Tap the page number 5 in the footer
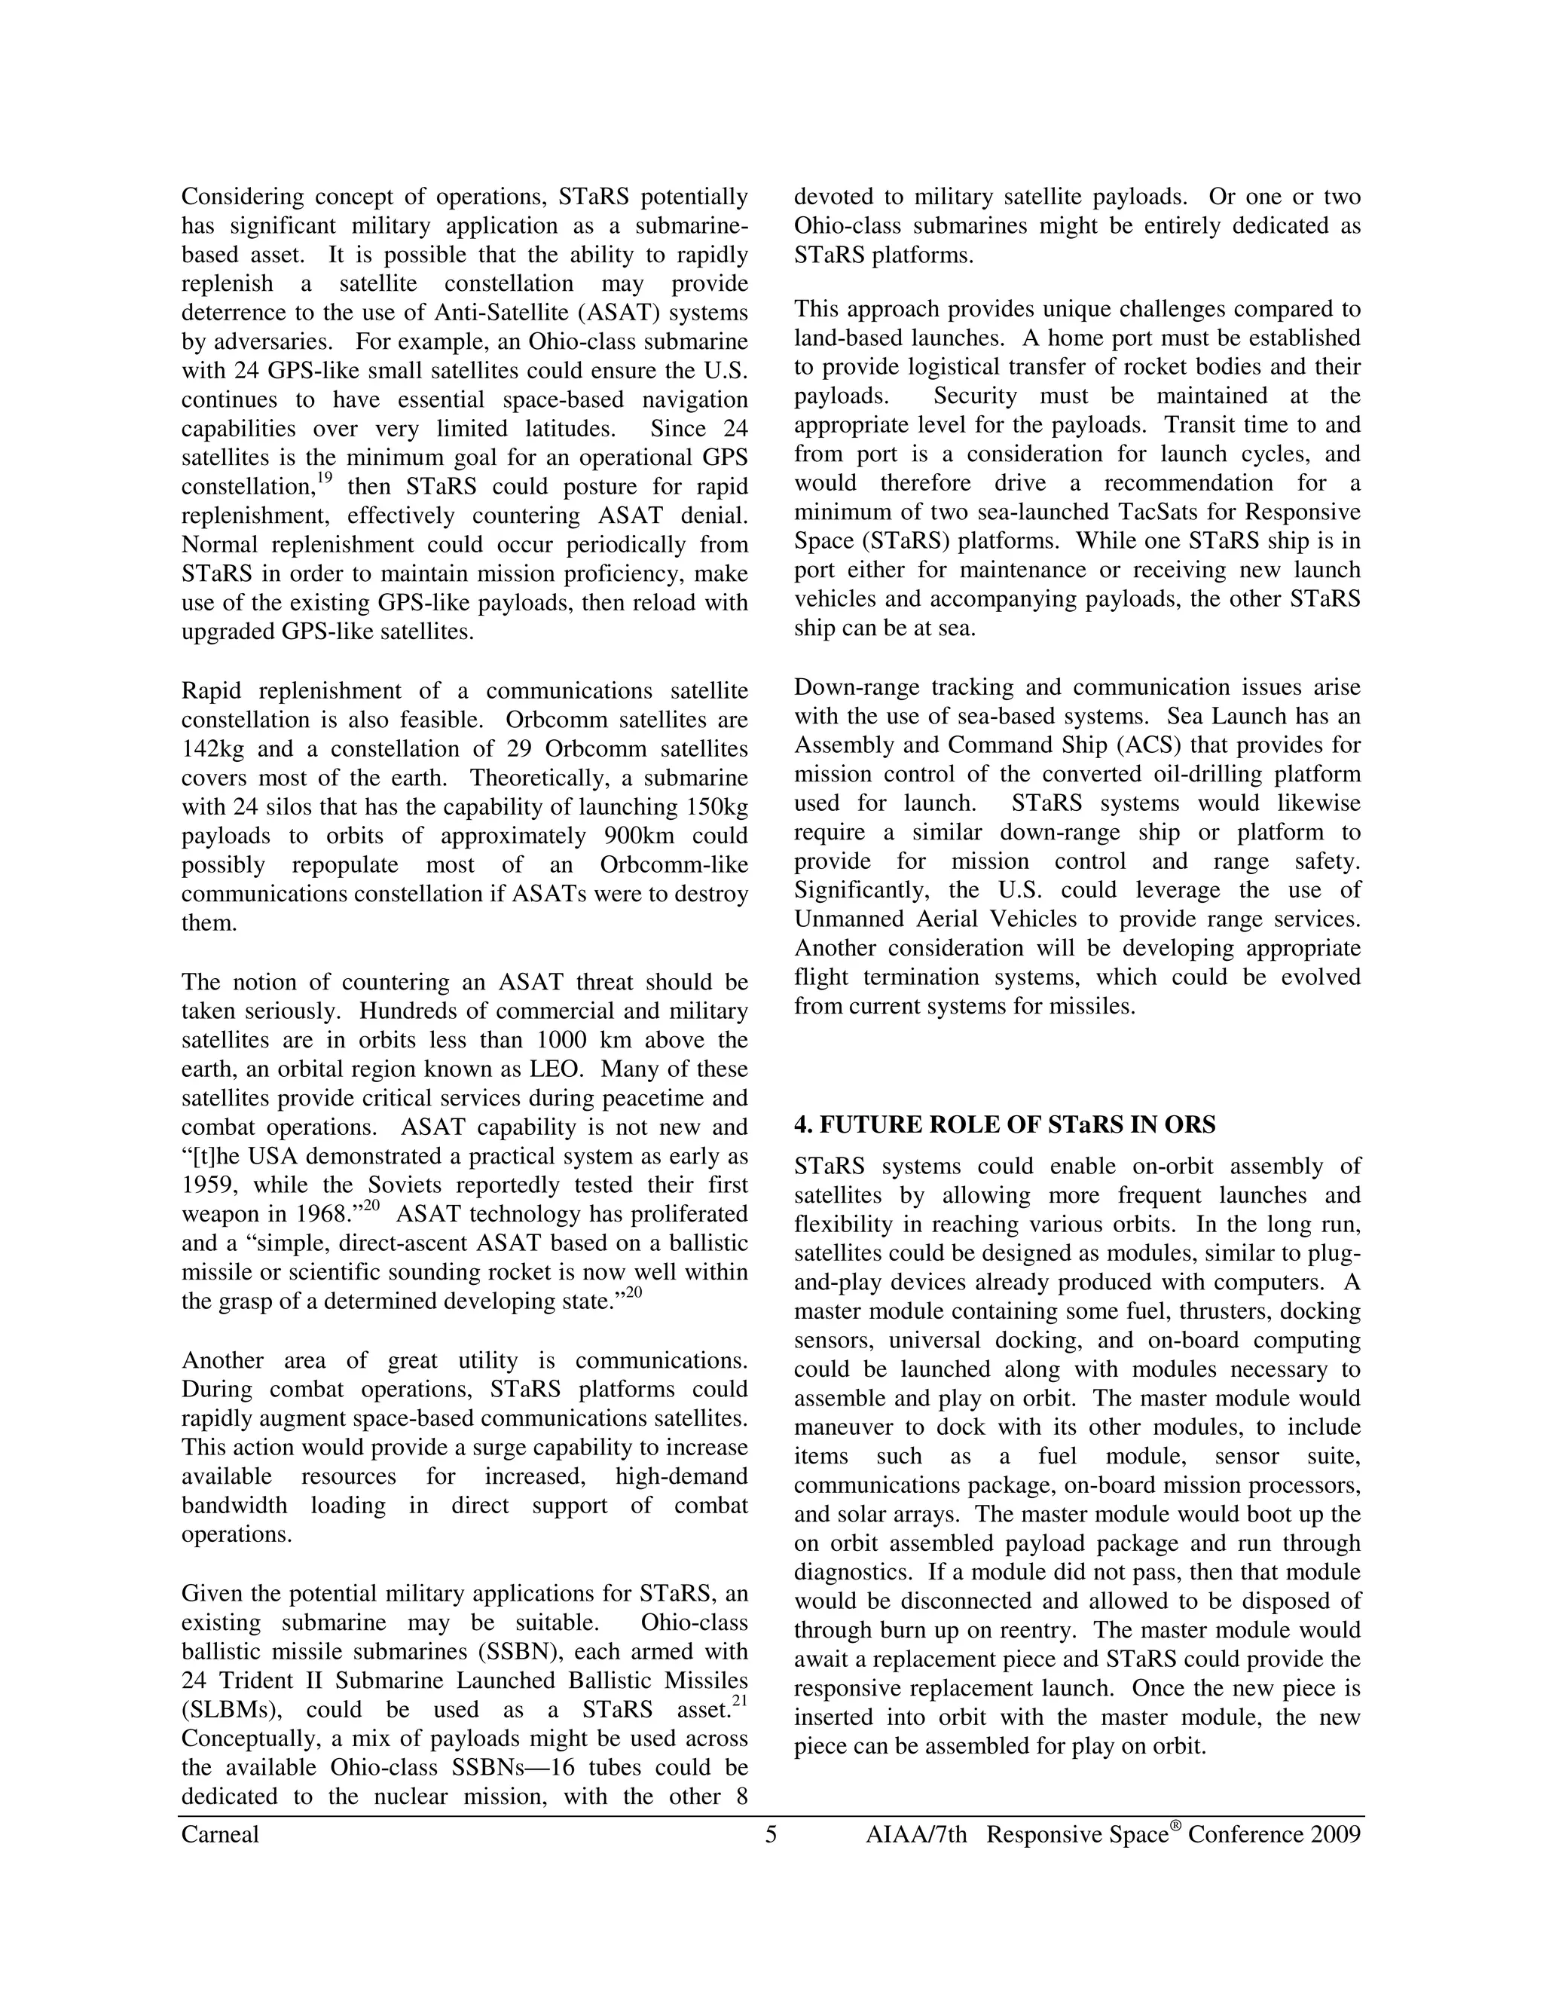tap(771, 1835)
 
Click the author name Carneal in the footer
tap(220, 1835)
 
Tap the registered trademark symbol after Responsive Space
tap(1175, 1827)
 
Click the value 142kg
tap(213, 749)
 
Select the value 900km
tap(638, 836)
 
